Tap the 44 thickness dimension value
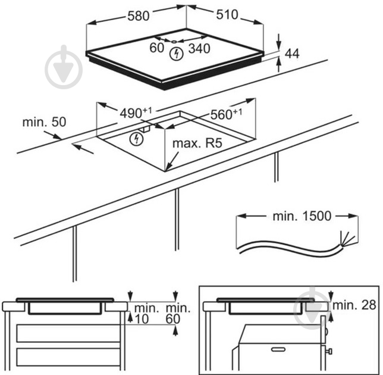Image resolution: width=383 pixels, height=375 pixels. [x=291, y=54]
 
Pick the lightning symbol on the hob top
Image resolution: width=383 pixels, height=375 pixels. [x=175, y=54]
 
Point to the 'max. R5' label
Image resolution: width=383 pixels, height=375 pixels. [x=193, y=145]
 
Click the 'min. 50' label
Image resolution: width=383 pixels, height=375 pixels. [x=44, y=122]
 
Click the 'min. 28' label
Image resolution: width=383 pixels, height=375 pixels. [x=355, y=305]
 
